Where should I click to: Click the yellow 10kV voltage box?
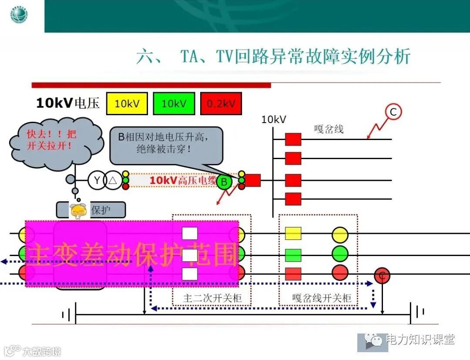127,103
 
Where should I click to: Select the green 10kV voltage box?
174,103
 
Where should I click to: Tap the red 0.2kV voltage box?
221,103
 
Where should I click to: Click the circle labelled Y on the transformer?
97,180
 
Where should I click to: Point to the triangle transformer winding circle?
113,180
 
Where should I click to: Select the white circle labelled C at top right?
393,113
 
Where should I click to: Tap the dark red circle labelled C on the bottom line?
382,276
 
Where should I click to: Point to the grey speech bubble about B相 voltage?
166,146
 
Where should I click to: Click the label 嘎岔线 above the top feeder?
329,129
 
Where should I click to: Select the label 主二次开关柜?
212,299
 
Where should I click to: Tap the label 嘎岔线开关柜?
322,299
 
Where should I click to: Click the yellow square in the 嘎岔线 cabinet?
293,233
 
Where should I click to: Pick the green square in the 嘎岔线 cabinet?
293,255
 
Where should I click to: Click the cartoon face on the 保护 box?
79,211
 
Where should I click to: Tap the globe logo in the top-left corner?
19,15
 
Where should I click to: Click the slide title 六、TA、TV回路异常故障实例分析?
273,57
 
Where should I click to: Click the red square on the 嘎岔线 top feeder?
293,139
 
